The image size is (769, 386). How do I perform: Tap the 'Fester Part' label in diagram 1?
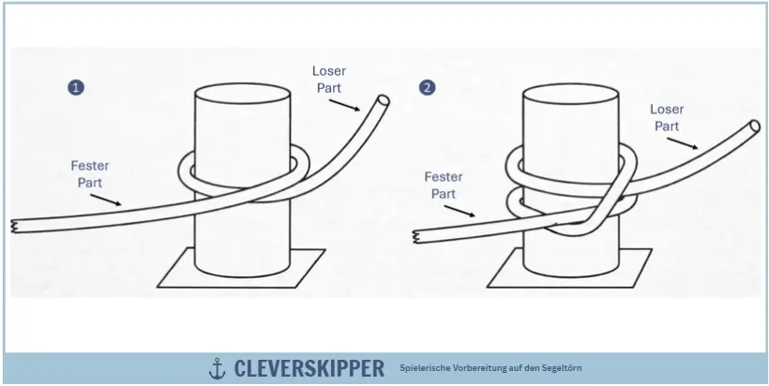pos(90,173)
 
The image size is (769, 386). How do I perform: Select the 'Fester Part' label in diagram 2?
pos(444,185)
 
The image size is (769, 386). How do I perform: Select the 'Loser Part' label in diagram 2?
pos(667,117)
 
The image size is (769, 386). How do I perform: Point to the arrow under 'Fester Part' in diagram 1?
pos(108,200)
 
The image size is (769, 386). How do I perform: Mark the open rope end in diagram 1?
pos(383,99)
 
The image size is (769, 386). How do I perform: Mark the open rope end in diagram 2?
pos(754,126)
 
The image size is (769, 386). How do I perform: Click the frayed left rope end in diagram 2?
pos(415,236)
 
